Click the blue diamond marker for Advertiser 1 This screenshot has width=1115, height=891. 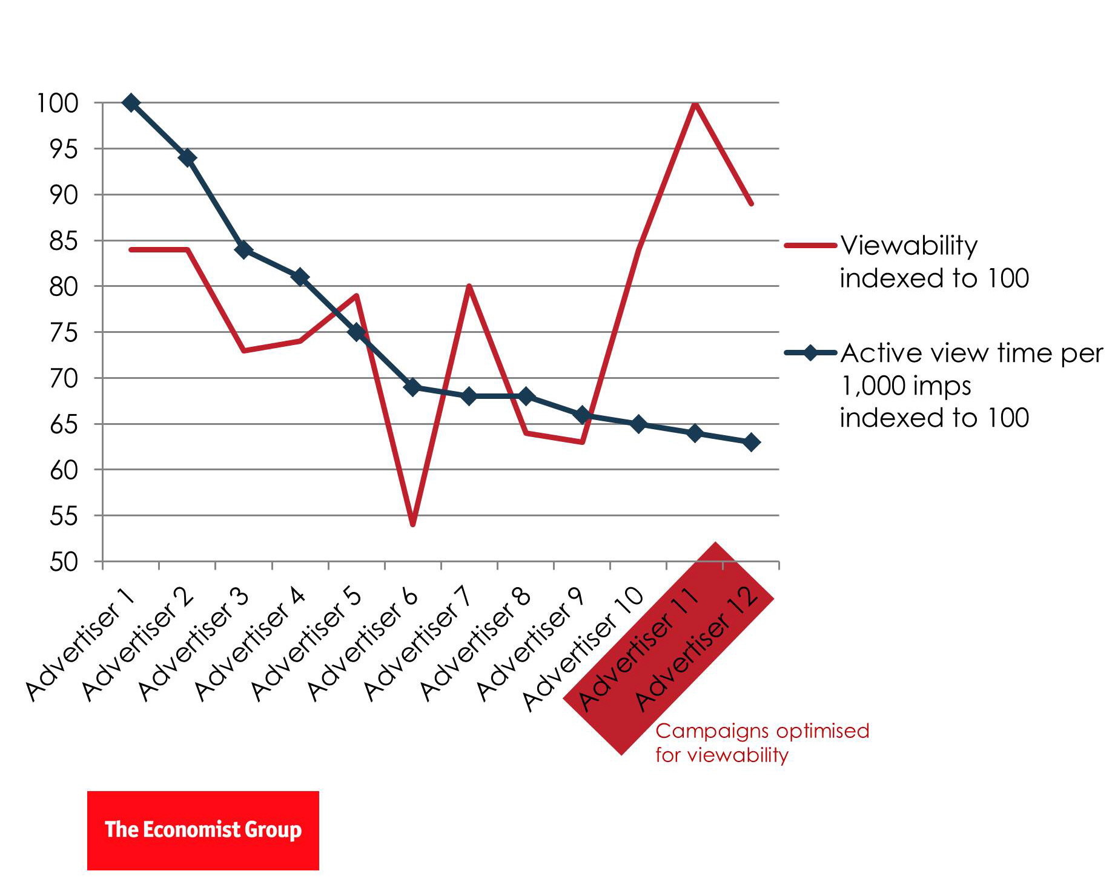[x=131, y=103]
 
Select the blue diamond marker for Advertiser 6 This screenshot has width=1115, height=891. [x=412, y=387]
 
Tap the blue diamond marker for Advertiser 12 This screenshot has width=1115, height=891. [x=751, y=442]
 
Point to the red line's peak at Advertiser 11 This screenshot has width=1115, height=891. [x=695, y=104]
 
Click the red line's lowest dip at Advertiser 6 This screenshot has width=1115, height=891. [x=412, y=524]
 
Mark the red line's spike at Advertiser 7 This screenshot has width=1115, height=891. [x=469, y=286]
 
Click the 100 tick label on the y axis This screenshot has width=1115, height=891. [x=58, y=104]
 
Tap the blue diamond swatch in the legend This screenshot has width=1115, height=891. [x=810, y=353]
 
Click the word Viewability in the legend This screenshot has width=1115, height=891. [x=908, y=246]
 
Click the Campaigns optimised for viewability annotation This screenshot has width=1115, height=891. [x=761, y=743]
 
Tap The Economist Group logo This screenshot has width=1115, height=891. [x=203, y=830]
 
